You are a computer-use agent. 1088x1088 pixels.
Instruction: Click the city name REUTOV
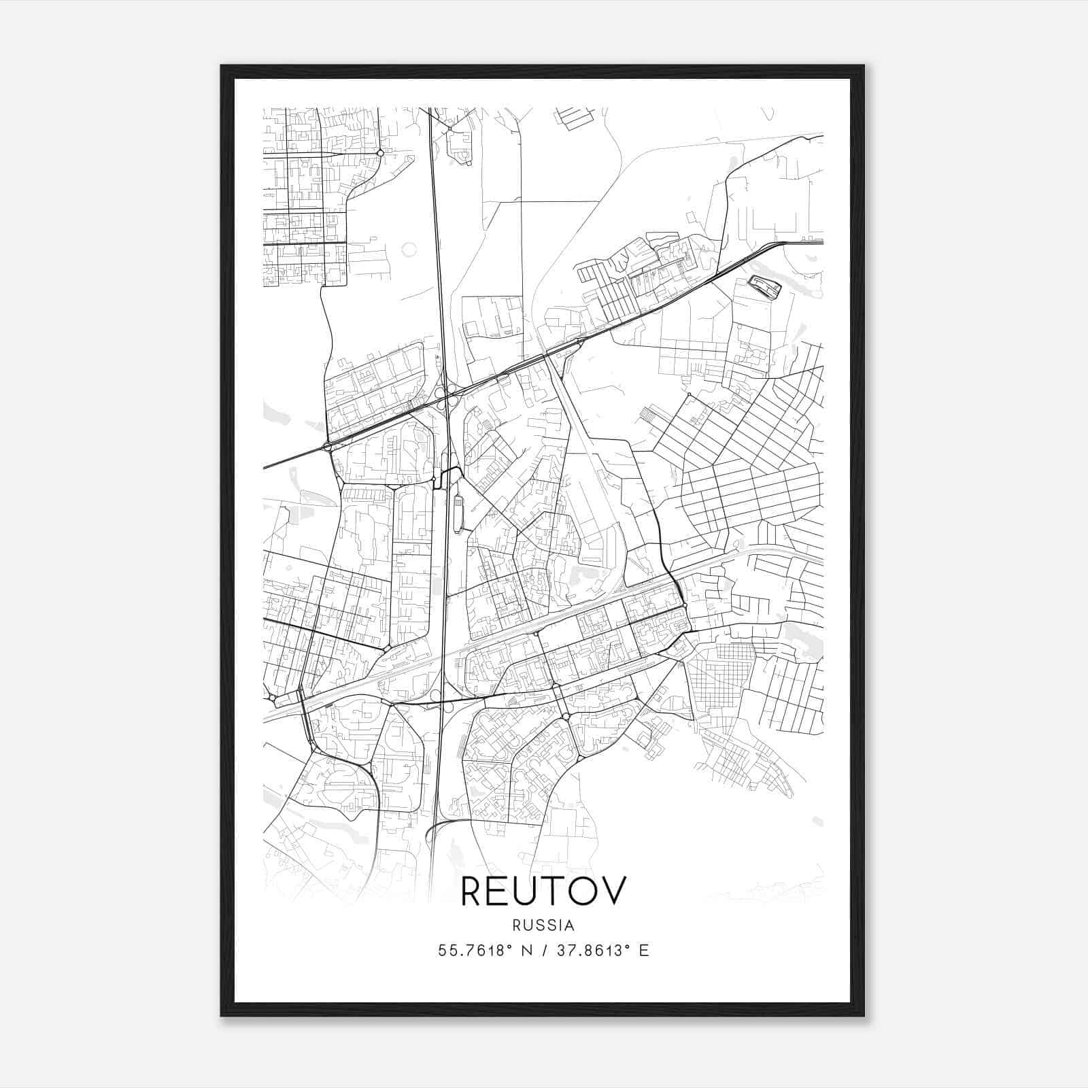point(543,891)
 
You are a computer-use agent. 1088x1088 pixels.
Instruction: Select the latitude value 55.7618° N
point(484,951)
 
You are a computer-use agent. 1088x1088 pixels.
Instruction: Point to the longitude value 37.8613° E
point(602,951)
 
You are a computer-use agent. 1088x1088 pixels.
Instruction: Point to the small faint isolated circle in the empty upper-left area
point(409,250)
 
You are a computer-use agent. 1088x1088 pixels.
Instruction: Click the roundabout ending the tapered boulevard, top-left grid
point(380,153)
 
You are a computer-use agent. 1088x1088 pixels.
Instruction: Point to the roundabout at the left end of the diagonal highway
point(328,447)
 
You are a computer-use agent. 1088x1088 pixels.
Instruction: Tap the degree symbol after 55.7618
point(510,946)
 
